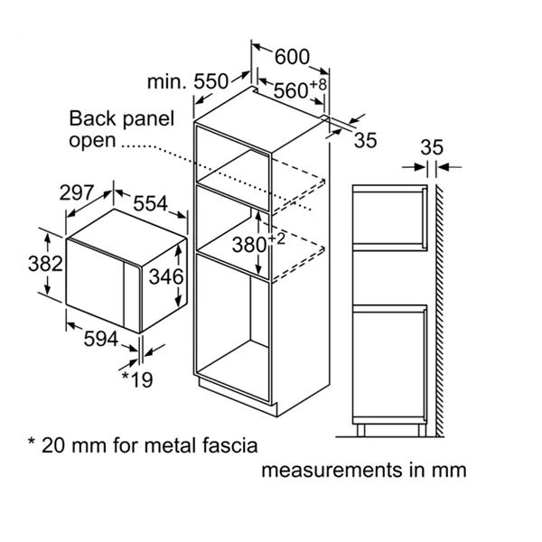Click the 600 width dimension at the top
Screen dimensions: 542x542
tap(292, 57)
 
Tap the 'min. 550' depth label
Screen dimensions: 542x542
tap(188, 82)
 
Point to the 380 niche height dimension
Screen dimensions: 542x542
tap(249, 245)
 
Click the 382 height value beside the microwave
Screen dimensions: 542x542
tap(45, 264)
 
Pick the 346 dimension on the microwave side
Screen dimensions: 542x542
tap(166, 277)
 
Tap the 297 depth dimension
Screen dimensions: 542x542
tap(77, 192)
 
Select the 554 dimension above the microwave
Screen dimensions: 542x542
tap(150, 203)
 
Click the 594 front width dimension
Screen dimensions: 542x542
tap(101, 339)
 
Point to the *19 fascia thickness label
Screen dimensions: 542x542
tap(137, 379)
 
